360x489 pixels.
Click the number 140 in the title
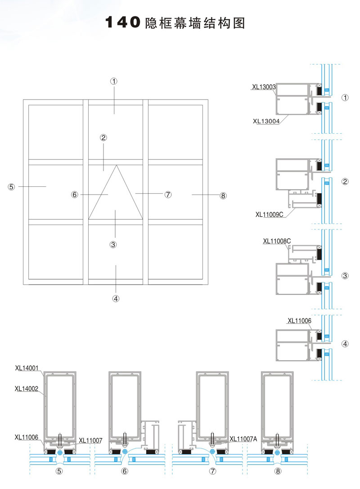tap(121, 23)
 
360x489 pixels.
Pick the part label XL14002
tap(28, 388)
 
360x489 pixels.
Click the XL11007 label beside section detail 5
tap(90, 440)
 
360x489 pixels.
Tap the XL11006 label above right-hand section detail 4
tap(299, 321)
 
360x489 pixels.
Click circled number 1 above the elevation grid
tap(114, 81)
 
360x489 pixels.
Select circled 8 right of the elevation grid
tap(223, 195)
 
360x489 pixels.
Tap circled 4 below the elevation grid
tap(116, 298)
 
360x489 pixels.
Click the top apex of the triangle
tap(116, 165)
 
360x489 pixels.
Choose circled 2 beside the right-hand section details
tap(345, 182)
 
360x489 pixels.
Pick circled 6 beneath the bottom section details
tap(125, 471)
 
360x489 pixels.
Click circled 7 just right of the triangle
tap(168, 195)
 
